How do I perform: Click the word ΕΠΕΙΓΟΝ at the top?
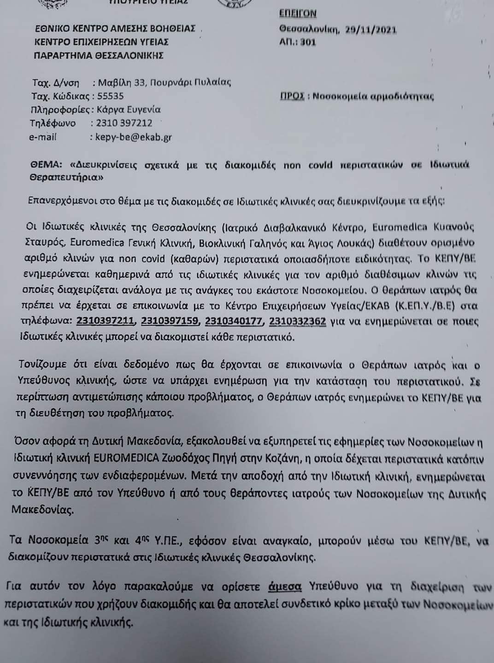(x=298, y=13)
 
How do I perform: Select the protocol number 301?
(x=308, y=42)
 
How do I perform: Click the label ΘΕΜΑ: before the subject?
(x=46, y=164)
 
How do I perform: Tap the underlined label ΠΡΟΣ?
(x=292, y=96)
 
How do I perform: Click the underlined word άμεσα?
(x=284, y=587)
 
